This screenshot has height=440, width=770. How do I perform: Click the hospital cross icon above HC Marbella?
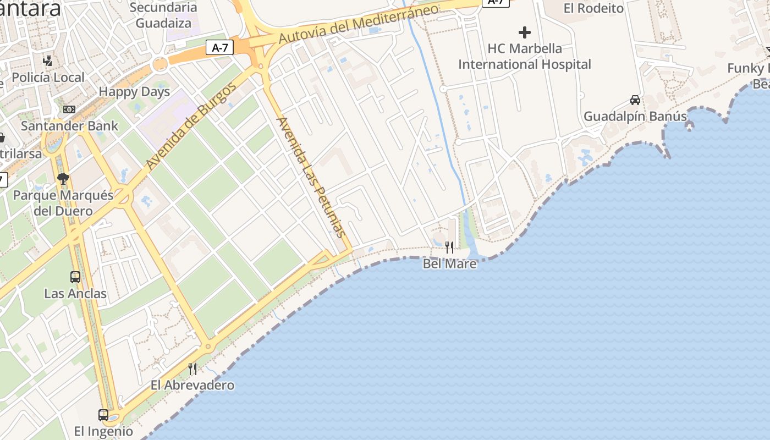(x=525, y=32)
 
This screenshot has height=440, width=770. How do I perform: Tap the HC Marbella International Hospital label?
(x=525, y=56)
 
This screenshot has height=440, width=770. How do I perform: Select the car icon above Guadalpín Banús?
(x=635, y=100)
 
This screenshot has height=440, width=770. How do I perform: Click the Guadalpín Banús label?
(x=635, y=117)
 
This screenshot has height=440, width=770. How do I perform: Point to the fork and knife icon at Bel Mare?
(x=449, y=248)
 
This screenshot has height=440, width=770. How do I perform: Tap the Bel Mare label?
(x=449, y=264)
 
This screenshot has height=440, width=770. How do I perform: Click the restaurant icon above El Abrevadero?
(x=193, y=369)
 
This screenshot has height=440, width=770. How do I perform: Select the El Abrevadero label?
(x=193, y=385)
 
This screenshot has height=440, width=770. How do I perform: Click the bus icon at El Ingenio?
(x=103, y=415)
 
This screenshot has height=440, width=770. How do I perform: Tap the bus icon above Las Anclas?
(x=75, y=277)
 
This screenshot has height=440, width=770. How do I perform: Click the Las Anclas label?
(x=75, y=294)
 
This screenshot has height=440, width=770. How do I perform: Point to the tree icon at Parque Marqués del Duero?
(x=63, y=178)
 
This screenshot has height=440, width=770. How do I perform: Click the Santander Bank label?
(x=69, y=126)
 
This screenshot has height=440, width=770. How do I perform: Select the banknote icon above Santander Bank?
(x=69, y=109)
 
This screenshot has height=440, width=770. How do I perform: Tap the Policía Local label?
(x=48, y=78)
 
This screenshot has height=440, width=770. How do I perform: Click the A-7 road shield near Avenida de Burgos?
(x=220, y=48)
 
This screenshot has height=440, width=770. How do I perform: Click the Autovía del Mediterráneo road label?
(x=359, y=24)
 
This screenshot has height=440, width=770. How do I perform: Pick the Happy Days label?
(x=134, y=92)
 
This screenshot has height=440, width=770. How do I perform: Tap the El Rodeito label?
(x=594, y=8)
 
